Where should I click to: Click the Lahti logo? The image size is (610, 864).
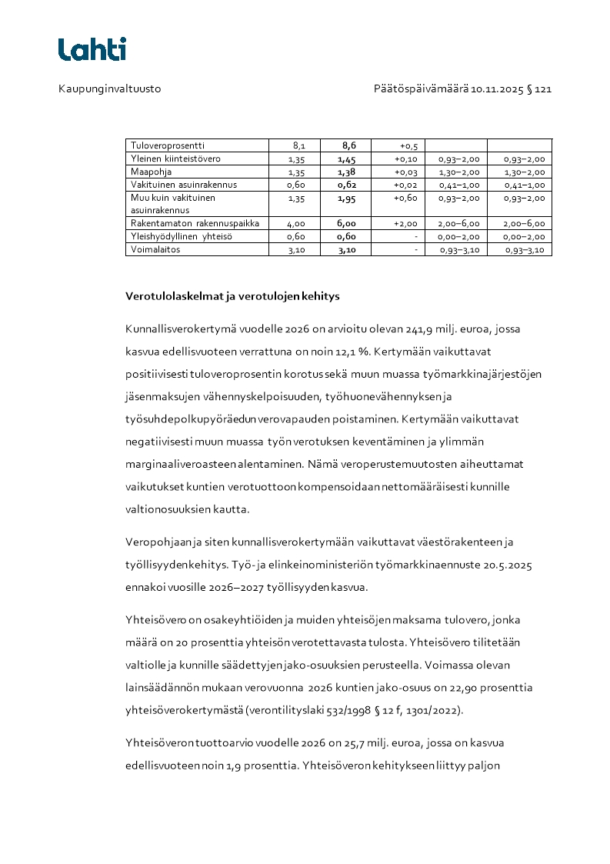(x=92, y=49)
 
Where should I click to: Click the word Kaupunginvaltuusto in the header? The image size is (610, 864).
(x=110, y=89)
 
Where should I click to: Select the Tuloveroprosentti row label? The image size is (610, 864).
(x=168, y=145)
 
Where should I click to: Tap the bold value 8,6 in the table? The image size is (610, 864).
(x=349, y=145)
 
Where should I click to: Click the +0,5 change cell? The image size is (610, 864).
(x=408, y=145)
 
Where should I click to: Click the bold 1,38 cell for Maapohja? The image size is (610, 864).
(x=347, y=172)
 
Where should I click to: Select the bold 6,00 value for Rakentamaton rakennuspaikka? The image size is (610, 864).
(x=347, y=223)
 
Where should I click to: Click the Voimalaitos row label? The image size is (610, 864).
(x=154, y=249)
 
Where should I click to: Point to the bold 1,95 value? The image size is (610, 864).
(x=347, y=198)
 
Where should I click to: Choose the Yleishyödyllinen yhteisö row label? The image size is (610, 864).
(x=182, y=236)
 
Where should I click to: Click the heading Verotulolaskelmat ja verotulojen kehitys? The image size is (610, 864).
(x=232, y=295)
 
